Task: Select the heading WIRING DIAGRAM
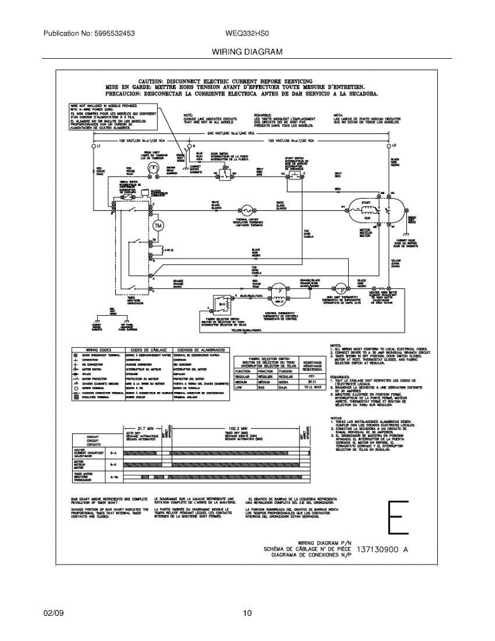point(247,52)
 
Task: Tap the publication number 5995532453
point(114,33)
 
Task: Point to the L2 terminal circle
point(389,146)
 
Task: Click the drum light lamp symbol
point(154,168)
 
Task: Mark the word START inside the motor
point(365,203)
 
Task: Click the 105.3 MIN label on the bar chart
point(235,428)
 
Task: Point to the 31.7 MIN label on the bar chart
point(142,428)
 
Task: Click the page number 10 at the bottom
point(247,613)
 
